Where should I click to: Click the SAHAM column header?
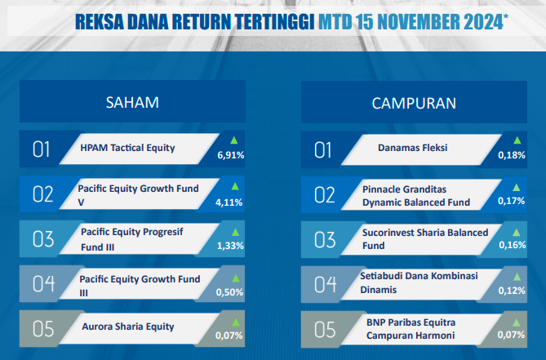point(132,103)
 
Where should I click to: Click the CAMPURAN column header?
point(414,104)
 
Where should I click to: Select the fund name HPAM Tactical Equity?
point(127,148)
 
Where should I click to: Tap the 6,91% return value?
point(231,155)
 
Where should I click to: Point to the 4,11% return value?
point(229,202)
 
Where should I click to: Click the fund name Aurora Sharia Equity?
point(128,327)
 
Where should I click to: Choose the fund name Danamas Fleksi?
point(413,148)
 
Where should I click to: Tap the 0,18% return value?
point(512,155)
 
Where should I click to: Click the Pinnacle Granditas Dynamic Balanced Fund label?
point(416,196)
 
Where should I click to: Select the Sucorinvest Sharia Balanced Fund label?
point(425,239)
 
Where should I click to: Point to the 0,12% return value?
point(512,291)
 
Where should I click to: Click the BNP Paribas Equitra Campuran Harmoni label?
point(411,329)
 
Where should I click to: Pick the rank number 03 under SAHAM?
point(43,239)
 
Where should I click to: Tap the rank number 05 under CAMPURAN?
point(325,330)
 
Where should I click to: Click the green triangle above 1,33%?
point(235,232)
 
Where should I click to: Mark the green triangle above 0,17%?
point(516,188)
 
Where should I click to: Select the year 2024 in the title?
point(483,22)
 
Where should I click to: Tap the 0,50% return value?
point(229,292)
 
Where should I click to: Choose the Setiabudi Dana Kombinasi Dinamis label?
point(419,282)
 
